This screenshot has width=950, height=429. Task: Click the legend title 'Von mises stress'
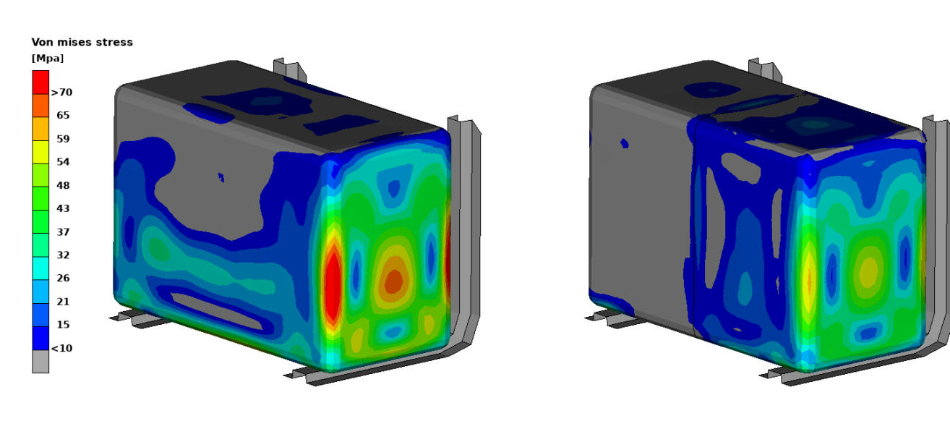82,42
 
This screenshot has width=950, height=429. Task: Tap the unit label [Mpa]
48,58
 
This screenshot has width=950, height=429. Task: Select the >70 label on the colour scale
62,92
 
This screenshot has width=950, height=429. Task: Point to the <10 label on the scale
62,349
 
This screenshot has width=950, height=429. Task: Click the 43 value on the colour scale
63,208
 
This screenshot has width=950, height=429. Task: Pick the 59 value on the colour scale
63,139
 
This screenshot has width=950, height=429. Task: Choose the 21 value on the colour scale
63,302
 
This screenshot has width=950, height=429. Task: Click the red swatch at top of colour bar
40,82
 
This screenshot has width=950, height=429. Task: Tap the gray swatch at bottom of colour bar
40,362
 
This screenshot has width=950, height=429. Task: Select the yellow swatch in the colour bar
40,152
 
